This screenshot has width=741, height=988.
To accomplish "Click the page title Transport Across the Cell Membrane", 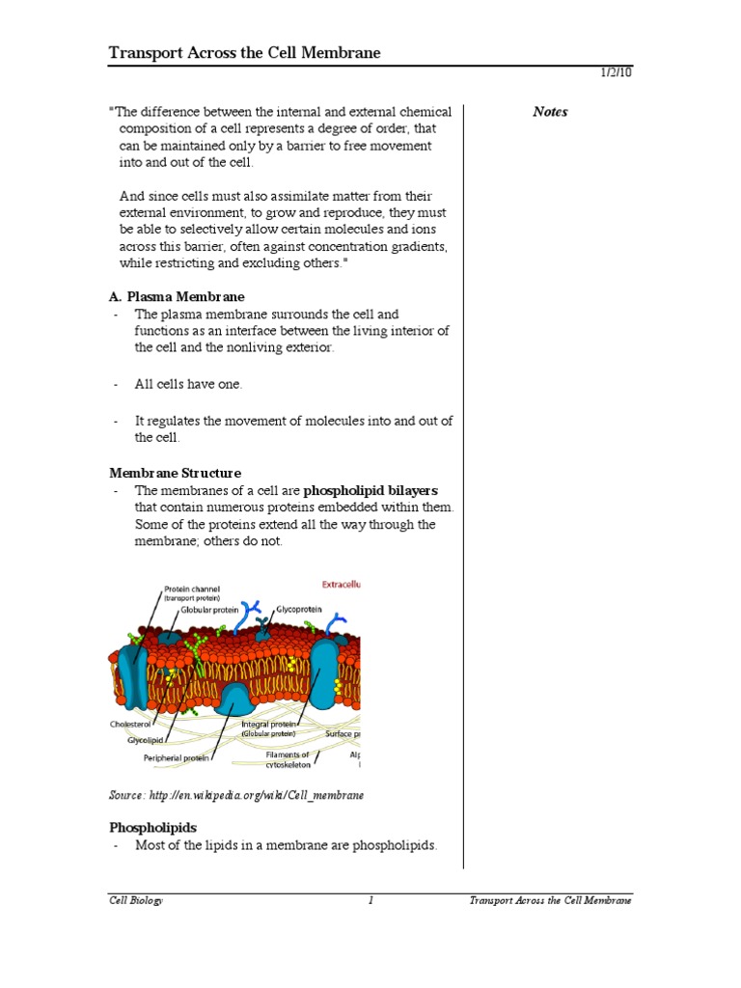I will coord(244,53).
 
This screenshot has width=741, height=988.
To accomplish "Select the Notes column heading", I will coord(550,112).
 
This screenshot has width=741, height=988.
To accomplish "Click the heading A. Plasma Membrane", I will coord(177,296).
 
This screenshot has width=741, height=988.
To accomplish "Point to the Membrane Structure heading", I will coord(175,473).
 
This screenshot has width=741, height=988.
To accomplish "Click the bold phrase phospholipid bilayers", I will coord(370,490).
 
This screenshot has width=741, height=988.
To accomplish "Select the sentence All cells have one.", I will coord(188,384).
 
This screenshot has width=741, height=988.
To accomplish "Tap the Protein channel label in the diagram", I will coord(192,589).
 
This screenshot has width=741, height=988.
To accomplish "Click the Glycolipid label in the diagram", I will coord(150,741).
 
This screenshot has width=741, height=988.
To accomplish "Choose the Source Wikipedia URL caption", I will coord(236,794).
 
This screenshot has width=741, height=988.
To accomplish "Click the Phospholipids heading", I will coord(152,828).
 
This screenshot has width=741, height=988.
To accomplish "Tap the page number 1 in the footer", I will coord(370,900).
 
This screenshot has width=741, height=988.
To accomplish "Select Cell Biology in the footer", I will coord(135,900).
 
